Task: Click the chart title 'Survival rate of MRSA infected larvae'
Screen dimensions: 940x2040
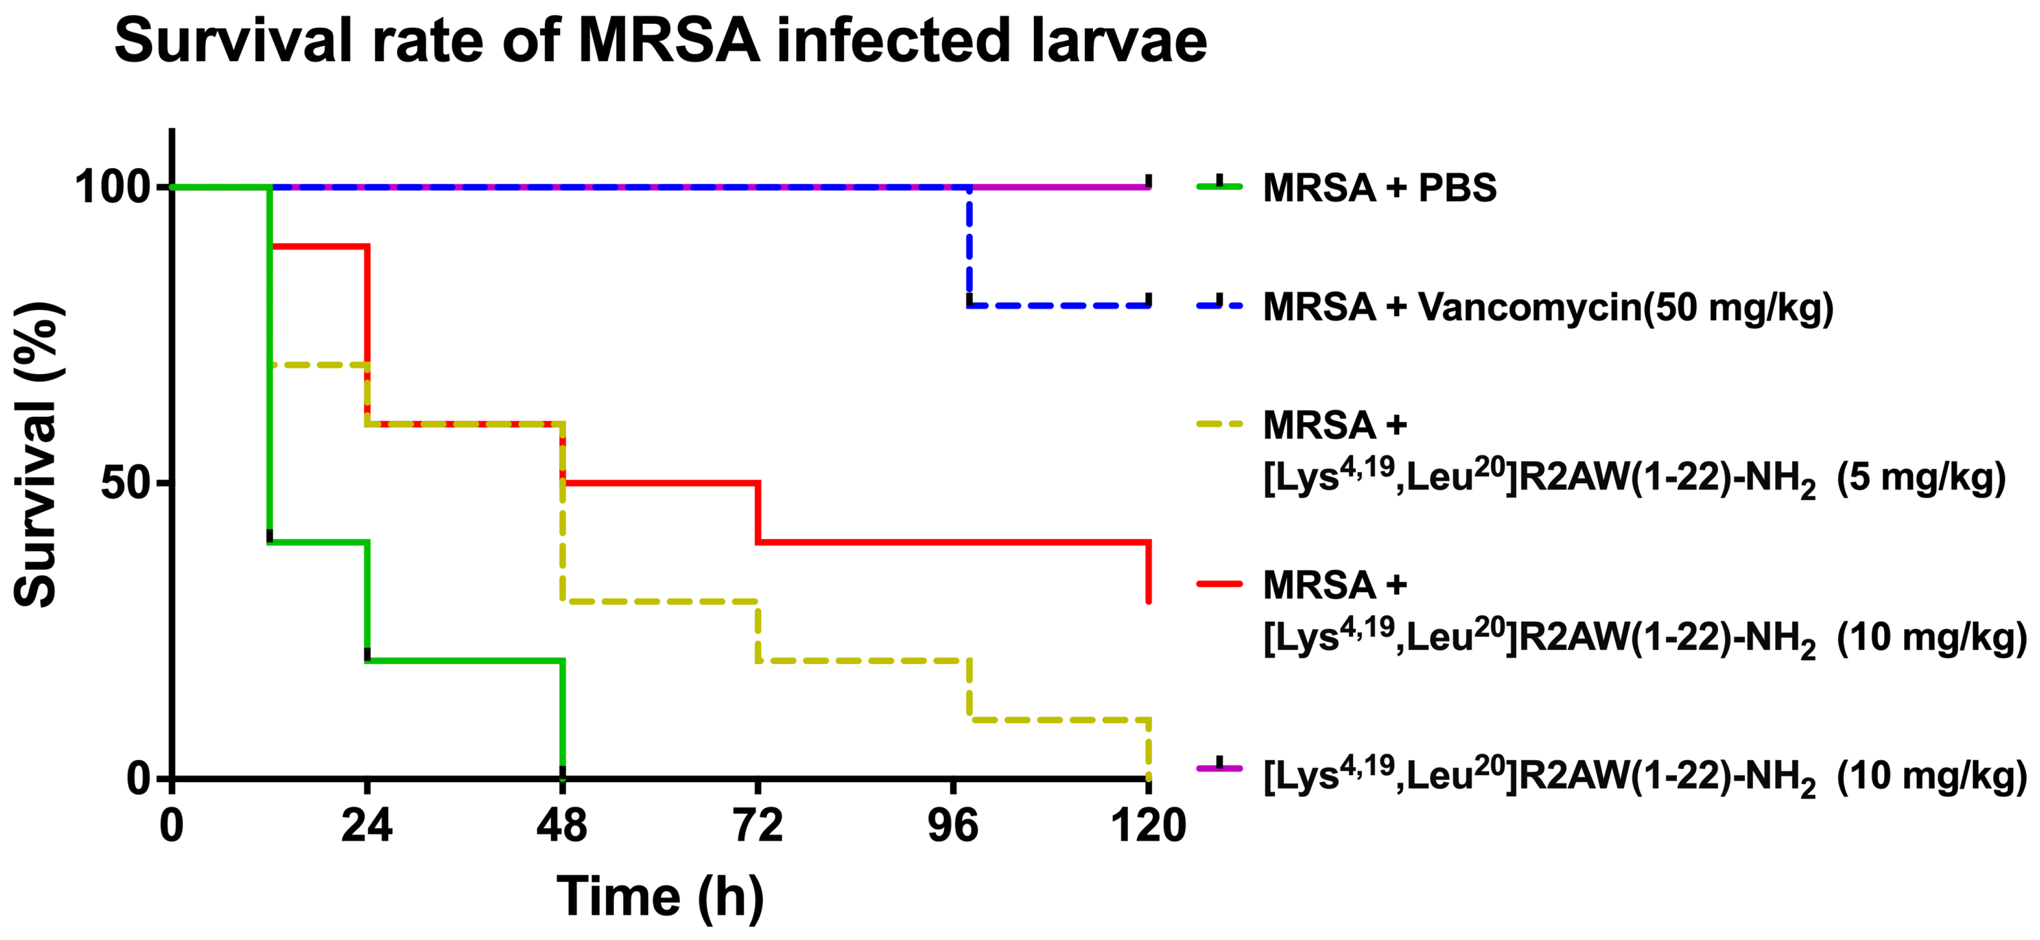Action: click(x=661, y=41)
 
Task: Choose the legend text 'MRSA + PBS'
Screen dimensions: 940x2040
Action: click(x=1379, y=188)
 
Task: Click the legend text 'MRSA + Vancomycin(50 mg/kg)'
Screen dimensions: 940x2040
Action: click(x=1548, y=307)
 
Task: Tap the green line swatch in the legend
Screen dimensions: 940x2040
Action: click(x=1220, y=188)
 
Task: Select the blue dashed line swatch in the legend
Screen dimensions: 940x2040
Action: click(x=1220, y=305)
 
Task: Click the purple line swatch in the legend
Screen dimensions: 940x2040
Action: click(x=1220, y=767)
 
